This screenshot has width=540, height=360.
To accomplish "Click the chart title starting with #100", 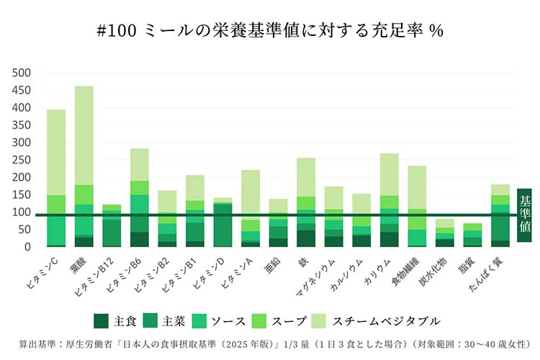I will tap(269, 30).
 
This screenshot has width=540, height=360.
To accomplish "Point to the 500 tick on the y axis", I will tap(22, 73).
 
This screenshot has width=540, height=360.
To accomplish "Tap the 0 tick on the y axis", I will tap(27, 247).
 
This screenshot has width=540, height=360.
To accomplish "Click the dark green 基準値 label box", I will tap(524, 215).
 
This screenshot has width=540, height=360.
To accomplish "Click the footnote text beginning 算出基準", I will tap(269, 344).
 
